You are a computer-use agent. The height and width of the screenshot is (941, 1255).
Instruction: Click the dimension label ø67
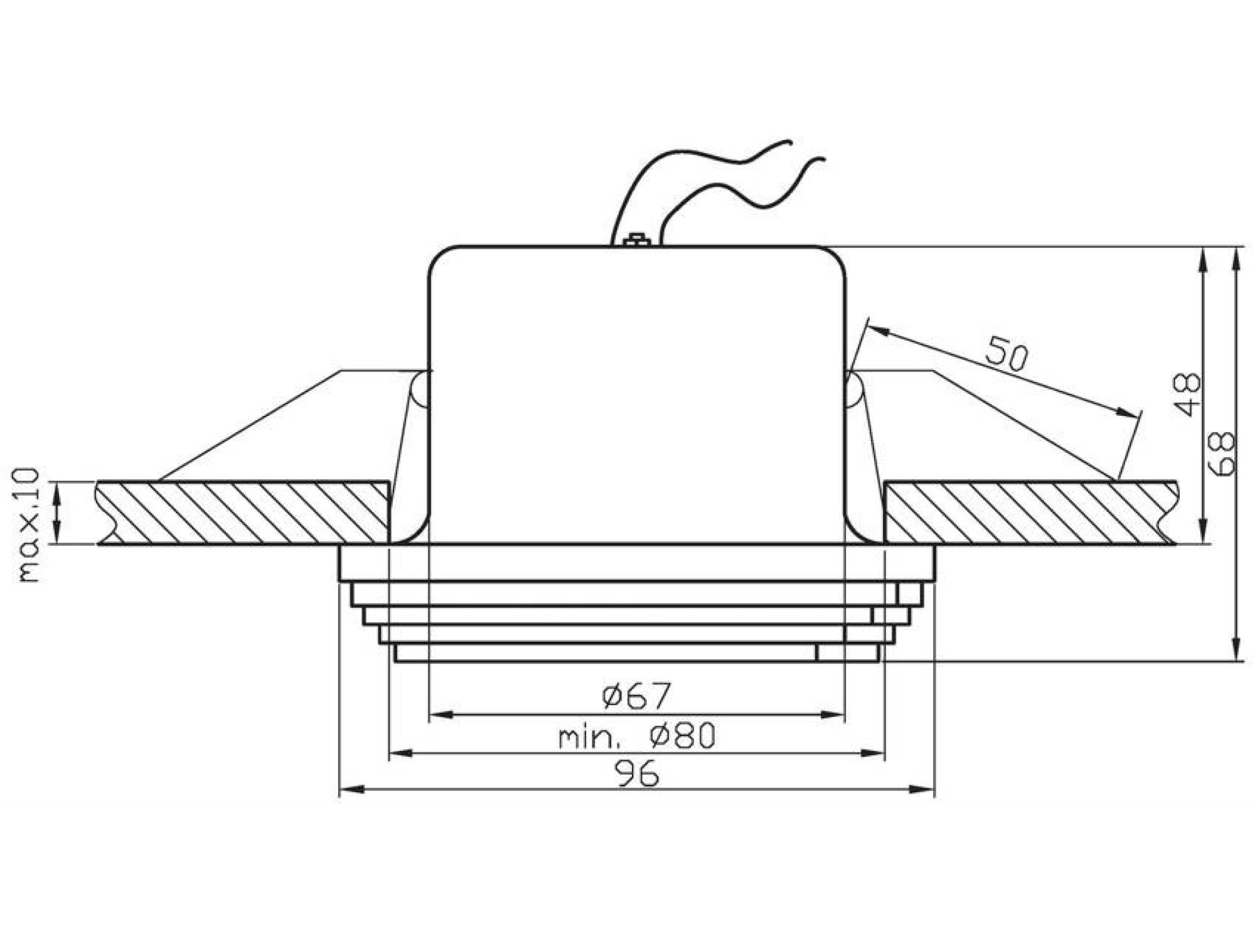(636, 696)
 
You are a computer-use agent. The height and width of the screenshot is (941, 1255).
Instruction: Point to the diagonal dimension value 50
(1007, 355)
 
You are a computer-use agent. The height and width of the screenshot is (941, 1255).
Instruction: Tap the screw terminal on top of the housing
(636, 239)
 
